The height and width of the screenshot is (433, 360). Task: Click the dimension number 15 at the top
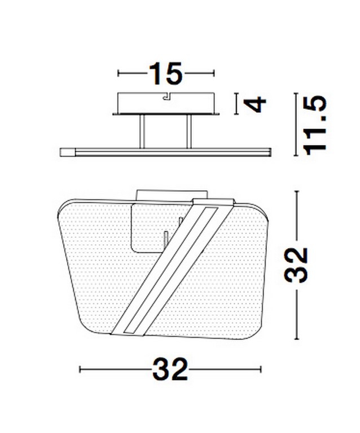click(166, 73)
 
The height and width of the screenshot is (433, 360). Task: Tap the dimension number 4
click(254, 104)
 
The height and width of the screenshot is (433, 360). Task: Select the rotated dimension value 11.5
click(315, 125)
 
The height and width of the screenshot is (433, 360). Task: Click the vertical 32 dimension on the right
click(296, 265)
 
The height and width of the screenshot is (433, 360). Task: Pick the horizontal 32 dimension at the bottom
click(170, 369)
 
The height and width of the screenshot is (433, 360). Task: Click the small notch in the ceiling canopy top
click(166, 95)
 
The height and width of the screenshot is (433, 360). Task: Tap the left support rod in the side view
click(142, 131)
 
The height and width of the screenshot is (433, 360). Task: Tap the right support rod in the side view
click(189, 131)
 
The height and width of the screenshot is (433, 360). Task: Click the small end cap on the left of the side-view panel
click(67, 152)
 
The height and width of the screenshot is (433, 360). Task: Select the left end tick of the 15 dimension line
click(118, 73)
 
